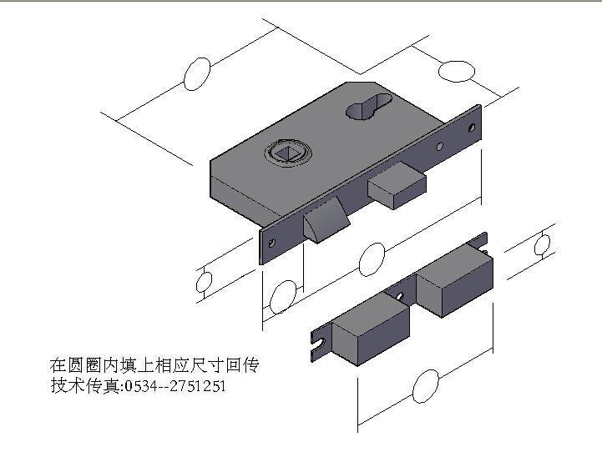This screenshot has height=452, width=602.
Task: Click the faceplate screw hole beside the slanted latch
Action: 271,243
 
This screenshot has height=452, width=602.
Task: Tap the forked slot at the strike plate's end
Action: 316,342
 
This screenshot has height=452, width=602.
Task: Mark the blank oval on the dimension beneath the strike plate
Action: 426,386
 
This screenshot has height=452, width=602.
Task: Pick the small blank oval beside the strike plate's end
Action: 543,244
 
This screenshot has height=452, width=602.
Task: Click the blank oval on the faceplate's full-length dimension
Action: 372,260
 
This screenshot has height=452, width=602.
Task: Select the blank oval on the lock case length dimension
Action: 196,74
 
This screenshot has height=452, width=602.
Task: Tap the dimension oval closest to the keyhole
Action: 457,71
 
